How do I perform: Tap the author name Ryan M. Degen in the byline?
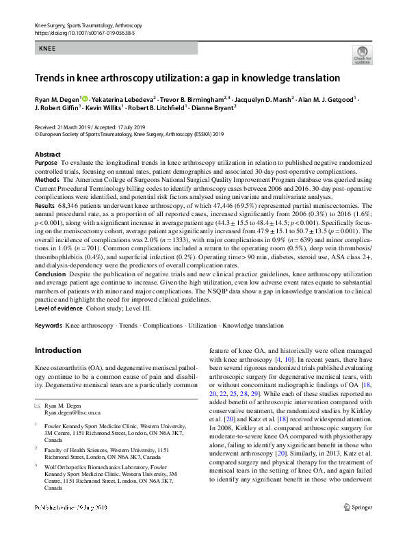click(57, 98)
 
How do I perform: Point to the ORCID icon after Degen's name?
click(85, 98)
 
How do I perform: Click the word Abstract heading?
click(47, 155)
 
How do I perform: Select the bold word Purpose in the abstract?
click(46, 163)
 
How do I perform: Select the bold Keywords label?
click(49, 326)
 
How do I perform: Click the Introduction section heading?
click(57, 351)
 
